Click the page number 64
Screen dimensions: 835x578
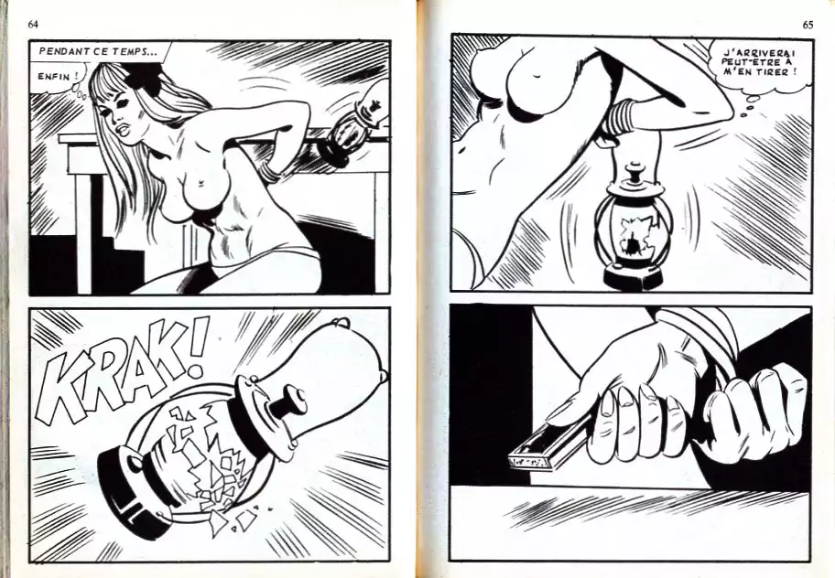(x=33, y=25)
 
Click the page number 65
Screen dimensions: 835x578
(x=808, y=25)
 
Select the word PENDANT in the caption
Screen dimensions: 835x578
(x=60, y=51)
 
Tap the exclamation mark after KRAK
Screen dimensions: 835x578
(x=196, y=347)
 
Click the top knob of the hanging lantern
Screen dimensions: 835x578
(x=634, y=174)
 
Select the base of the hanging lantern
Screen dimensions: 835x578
(x=632, y=275)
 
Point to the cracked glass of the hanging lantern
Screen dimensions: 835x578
(x=634, y=233)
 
